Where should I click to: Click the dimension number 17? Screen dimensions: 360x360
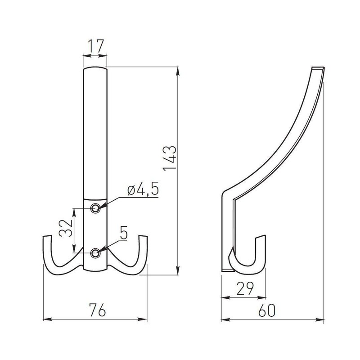[96, 46]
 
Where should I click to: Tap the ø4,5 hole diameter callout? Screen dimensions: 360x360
[143, 190]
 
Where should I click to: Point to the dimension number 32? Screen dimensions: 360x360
[66, 229]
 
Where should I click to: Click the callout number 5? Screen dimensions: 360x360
[123, 233]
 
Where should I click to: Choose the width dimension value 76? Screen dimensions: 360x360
[98, 310]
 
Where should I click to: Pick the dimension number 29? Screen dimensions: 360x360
[245, 288]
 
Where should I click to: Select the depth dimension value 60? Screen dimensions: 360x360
[266, 310]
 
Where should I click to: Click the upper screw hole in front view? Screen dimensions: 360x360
[95, 208]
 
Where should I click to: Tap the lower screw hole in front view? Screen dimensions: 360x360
[95, 253]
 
